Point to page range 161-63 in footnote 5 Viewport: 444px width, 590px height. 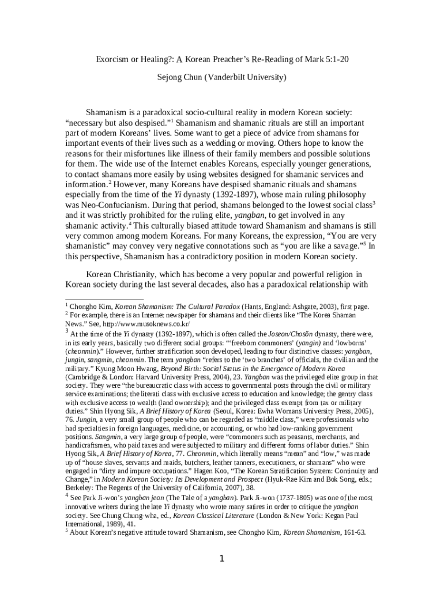pyautogui.click(x=354, y=532)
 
